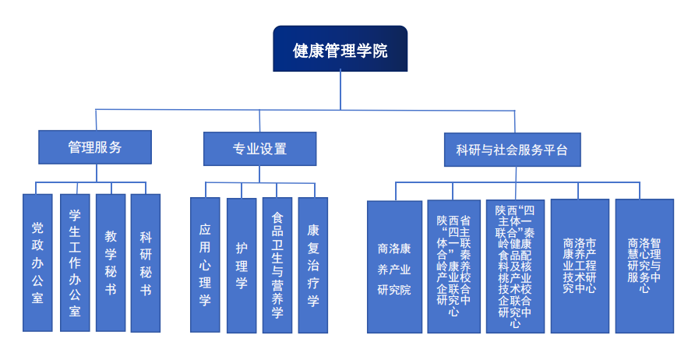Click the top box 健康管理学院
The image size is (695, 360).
coord(340,49)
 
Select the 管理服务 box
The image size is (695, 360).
coord(95,147)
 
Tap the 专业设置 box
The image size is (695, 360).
coord(259,149)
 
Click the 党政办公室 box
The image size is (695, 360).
coord(37,262)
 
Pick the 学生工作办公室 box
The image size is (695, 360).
coord(75,262)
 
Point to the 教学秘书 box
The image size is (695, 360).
coord(111,262)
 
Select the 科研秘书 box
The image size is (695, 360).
coord(146,262)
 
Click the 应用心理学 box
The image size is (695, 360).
coord(205,264)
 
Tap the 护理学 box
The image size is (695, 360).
coord(242,264)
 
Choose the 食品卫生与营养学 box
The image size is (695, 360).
coord(277,264)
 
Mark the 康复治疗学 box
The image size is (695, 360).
coord(313,264)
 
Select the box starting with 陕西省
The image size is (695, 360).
coord(453,266)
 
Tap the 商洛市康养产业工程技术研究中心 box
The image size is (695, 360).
coord(580,266)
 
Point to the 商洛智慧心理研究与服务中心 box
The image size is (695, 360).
coord(644,266)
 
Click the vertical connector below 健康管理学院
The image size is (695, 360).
coord(340,90)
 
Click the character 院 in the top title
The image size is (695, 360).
coord(378,50)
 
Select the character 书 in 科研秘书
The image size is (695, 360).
coord(146,290)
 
